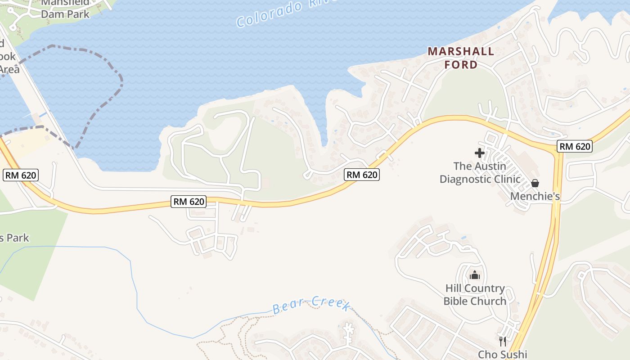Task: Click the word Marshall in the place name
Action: click(x=461, y=51)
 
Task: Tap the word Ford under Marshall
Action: click(x=461, y=65)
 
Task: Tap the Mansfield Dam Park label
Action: click(x=66, y=8)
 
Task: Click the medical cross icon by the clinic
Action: click(x=480, y=153)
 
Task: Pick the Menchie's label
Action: click(x=535, y=196)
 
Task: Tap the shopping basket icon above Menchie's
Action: click(x=535, y=183)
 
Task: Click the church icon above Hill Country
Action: click(x=475, y=275)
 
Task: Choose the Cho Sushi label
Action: click(x=502, y=354)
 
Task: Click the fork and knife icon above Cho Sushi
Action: click(x=503, y=342)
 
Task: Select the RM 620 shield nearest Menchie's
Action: click(x=574, y=146)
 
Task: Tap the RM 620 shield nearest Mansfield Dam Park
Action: click(x=21, y=175)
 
